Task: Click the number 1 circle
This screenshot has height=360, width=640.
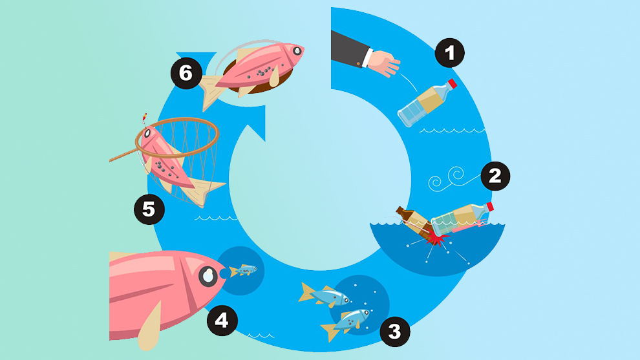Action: coord(449,52)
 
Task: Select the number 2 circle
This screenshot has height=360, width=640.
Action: coord(495,176)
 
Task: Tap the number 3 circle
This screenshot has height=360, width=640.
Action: coord(395,332)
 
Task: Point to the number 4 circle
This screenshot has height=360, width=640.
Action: coord(222,321)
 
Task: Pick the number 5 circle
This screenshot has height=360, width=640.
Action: coord(149,209)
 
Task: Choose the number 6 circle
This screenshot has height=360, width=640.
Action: coord(186,74)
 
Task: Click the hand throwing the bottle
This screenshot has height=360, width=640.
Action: coord(383,63)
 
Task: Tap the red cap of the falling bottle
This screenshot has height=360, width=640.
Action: coord(453,84)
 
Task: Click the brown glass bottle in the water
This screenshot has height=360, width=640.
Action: coord(414,222)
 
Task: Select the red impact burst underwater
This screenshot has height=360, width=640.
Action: coord(435,239)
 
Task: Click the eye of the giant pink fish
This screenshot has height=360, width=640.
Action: coord(208,277)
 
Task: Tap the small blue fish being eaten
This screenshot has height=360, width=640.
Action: coord(243,270)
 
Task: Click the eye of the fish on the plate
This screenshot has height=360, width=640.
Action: coord(297,50)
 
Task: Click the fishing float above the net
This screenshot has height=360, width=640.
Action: coord(144,119)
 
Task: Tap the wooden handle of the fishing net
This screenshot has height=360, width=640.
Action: coord(125,156)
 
